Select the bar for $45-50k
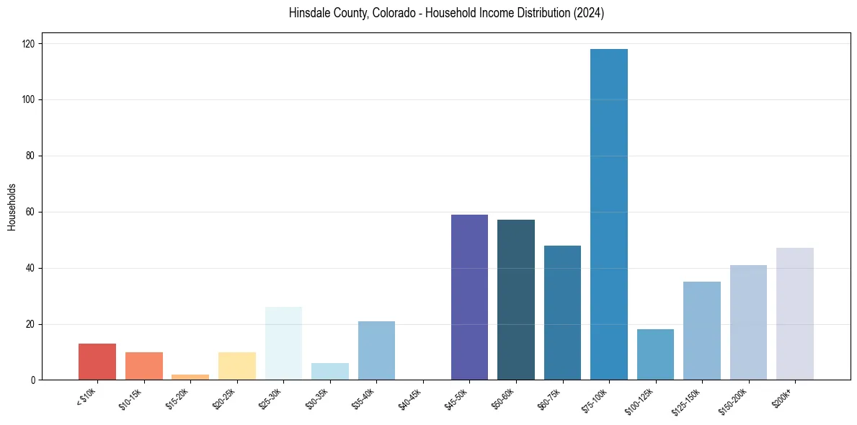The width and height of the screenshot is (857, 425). tap(469, 297)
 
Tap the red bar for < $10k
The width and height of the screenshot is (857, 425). tap(97, 362)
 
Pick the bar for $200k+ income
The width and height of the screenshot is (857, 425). tap(795, 314)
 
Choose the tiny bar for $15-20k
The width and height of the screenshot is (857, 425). tap(190, 377)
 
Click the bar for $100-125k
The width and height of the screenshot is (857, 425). tap(655, 354)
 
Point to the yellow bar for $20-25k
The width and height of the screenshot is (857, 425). tap(237, 366)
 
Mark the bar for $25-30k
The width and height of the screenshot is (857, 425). tap(283, 344)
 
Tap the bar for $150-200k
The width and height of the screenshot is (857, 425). tap(748, 323)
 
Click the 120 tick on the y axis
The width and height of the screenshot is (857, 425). tap(30, 44)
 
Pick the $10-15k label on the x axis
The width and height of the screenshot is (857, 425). tap(130, 400)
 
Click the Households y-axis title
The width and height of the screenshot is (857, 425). tap(12, 207)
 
